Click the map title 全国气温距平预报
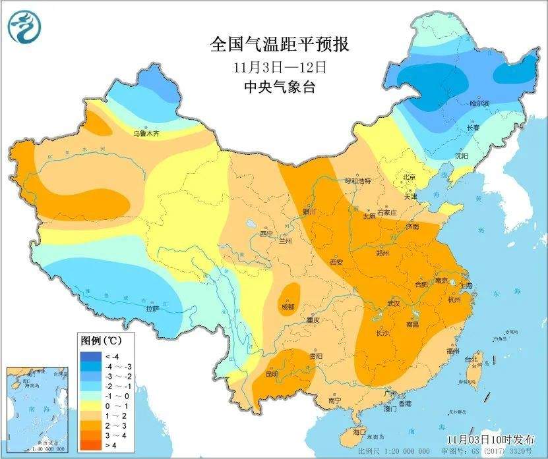tap(279, 45)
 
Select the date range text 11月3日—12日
tap(280, 67)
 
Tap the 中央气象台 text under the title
tap(279, 87)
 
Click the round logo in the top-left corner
tap(24, 27)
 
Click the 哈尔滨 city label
tap(479, 103)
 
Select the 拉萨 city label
tap(152, 308)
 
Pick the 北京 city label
tap(409, 177)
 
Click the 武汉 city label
tap(394, 304)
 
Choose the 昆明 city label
tap(272, 374)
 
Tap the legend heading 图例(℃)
tap(100, 341)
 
